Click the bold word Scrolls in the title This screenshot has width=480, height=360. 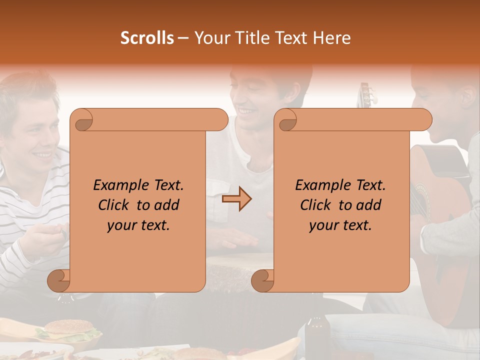point(147,38)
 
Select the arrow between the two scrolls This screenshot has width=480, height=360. point(236,199)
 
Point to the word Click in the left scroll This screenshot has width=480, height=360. point(115,205)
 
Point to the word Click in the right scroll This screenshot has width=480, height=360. point(317,205)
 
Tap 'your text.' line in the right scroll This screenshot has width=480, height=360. point(340,225)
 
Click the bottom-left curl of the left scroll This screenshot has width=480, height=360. point(59,280)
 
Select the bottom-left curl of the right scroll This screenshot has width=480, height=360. point(263,280)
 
